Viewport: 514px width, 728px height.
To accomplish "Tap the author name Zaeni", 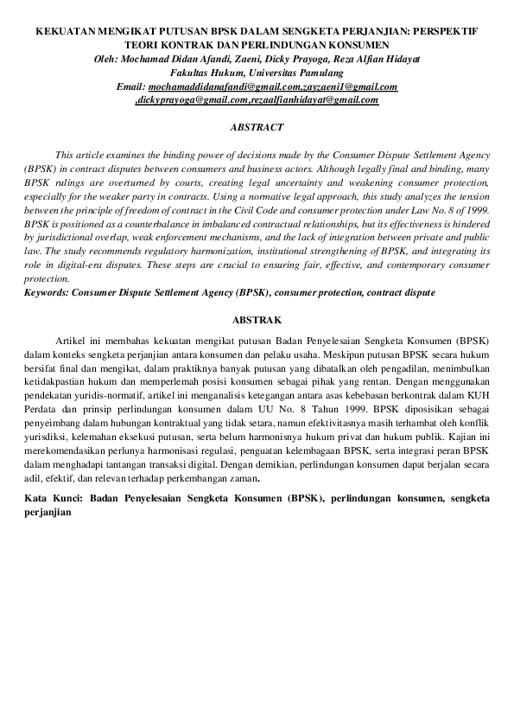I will [241, 58].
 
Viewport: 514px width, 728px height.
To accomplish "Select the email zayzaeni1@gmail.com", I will [349, 87].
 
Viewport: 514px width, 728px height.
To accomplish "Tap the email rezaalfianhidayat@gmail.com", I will [316, 100].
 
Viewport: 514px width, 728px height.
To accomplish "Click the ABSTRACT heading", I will [257, 127].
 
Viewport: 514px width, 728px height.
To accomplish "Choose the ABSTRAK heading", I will [257, 320].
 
